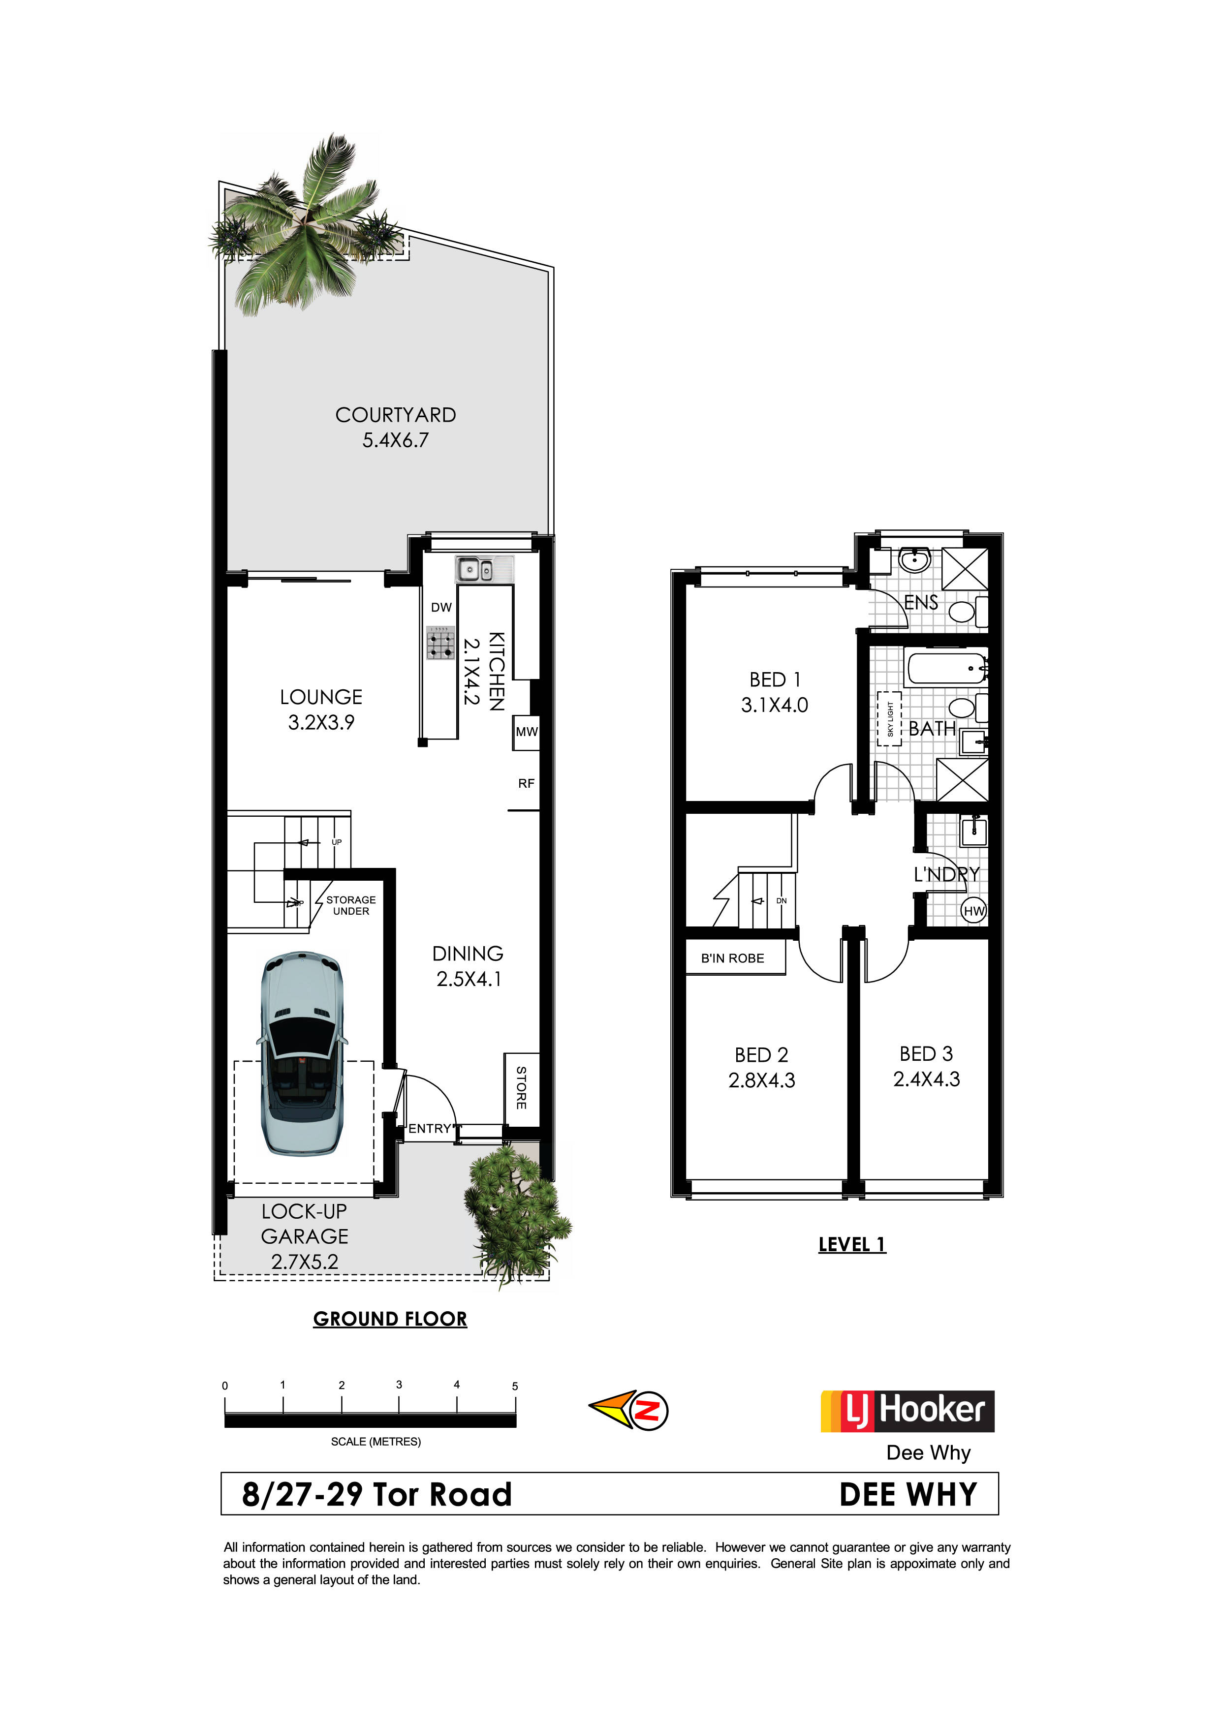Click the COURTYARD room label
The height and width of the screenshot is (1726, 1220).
395,415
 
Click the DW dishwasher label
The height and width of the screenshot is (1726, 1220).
441,608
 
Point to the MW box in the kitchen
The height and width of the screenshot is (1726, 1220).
526,732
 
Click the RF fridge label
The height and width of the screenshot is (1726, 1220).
526,783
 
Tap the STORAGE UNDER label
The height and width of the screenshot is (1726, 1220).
351,905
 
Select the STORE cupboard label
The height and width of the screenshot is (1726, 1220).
521,1088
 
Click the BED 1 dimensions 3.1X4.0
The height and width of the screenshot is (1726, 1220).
774,705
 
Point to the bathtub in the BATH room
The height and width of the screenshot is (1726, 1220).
947,668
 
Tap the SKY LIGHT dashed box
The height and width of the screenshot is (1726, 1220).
889,719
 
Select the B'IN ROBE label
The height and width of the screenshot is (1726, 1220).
732,958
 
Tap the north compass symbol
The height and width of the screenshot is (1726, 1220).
628,1410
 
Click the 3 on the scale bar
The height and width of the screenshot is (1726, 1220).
399,1385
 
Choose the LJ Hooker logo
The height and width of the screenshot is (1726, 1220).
907,1411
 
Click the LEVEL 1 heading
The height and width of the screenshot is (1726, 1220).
852,1245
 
